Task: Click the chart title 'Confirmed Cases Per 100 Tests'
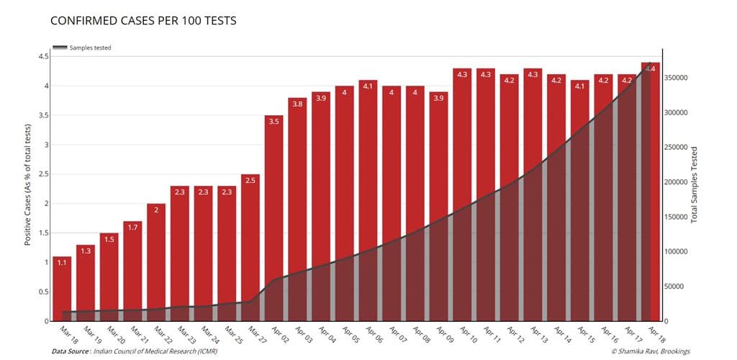143,21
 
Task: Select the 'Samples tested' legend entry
90,48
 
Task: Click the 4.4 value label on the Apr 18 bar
650,69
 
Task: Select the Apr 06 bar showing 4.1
368,180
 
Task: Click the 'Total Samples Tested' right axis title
695,184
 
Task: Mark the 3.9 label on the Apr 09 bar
438,98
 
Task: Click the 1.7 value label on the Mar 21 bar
132,228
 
